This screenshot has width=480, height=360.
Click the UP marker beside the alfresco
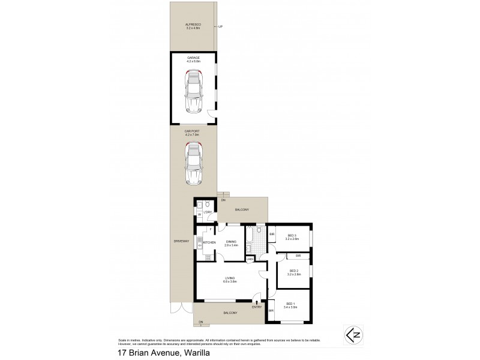[x=220, y=27]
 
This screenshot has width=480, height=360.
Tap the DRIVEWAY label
[x=181, y=241]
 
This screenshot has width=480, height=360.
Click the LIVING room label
[x=230, y=279]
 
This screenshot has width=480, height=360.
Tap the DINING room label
[x=232, y=242]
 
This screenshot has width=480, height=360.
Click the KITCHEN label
[x=209, y=242]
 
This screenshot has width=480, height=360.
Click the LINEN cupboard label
[x=257, y=259]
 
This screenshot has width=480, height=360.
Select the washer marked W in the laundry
[x=200, y=215]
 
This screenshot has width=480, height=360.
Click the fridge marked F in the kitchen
[x=211, y=230]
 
